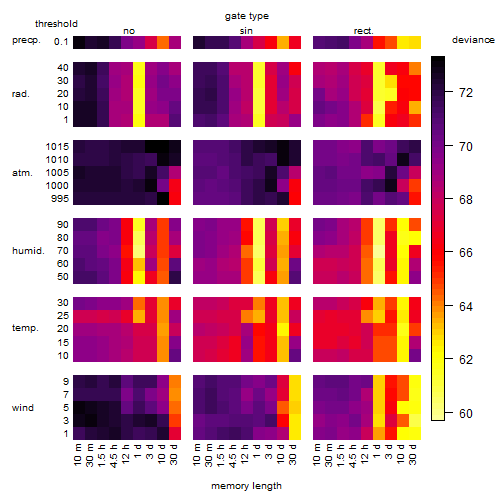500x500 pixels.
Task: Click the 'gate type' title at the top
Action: tap(247, 16)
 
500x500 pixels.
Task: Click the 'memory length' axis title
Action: tap(246, 486)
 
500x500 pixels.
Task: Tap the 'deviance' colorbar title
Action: tap(473, 40)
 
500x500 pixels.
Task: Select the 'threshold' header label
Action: tap(56, 24)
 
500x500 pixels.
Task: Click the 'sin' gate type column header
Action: tap(246, 31)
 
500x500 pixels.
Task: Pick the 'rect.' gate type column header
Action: tap(364, 31)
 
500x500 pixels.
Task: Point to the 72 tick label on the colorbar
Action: tap(466, 93)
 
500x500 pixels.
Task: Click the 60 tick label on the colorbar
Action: tap(466, 413)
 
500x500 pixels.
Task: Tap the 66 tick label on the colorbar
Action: tap(466, 253)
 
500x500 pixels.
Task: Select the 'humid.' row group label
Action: tap(28, 251)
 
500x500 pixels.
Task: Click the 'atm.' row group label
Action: tap(22, 173)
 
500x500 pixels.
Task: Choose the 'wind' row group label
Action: tap(23, 408)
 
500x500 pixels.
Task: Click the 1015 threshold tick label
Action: tap(57, 147)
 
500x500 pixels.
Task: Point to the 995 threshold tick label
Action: tap(60, 199)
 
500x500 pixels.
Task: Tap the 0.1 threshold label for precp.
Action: tap(61, 42)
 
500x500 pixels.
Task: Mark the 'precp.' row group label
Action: tap(26, 40)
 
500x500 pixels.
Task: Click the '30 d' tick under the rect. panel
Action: tap(413, 454)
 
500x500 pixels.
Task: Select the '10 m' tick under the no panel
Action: tap(77, 455)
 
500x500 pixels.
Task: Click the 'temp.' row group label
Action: tap(25, 328)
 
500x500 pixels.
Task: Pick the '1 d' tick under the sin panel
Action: tap(257, 451)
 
